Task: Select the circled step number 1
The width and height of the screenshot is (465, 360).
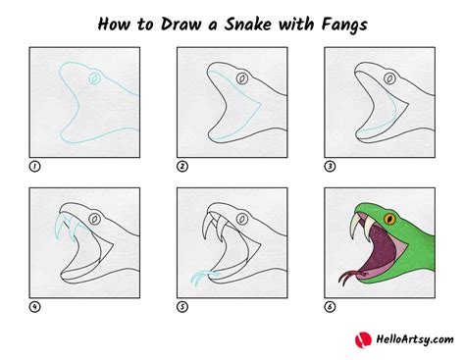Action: pos(35,166)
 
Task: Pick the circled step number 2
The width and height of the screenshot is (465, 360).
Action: pos(182,166)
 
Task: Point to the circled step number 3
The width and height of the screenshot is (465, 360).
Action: pos(330,166)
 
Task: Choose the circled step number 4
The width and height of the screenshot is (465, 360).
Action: pos(35,307)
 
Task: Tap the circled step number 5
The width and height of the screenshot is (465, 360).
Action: pos(182,307)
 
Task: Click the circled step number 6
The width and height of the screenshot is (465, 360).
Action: pos(330,307)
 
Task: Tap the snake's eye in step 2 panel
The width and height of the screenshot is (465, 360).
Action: pos(240,77)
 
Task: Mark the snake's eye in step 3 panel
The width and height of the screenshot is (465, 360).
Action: pos(387,77)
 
